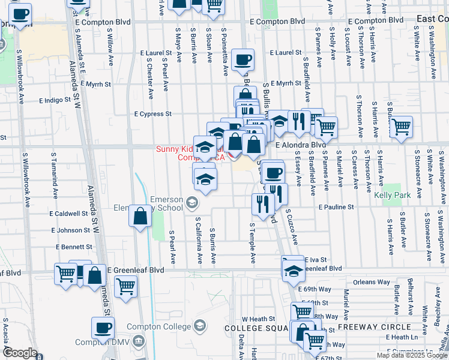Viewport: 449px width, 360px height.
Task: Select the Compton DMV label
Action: pyautogui.click(x=102, y=343)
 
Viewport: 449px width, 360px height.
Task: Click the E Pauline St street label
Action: pyautogui.click(x=338, y=206)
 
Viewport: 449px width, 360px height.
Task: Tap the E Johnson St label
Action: pyautogui.click(x=70, y=230)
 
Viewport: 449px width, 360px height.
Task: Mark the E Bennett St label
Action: pyautogui.click(x=74, y=247)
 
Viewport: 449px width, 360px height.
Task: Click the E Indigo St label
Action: pyautogui.click(x=58, y=101)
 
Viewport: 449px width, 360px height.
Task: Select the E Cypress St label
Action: pyautogui.click(x=152, y=113)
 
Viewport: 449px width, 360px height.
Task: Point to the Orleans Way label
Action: pyautogui.click(x=372, y=281)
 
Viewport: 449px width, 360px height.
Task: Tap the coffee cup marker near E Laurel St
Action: pyautogui.click(x=243, y=59)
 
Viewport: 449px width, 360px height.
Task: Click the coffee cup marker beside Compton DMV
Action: pyautogui.click(x=103, y=328)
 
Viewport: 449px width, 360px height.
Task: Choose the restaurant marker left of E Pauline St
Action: pyautogui.click(x=262, y=204)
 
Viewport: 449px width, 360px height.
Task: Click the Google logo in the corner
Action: pyautogui.click(x=20, y=353)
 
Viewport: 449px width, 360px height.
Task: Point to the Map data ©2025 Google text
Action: pyautogui.click(x=411, y=355)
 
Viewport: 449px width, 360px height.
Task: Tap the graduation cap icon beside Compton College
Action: pyautogui.click(x=200, y=326)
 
